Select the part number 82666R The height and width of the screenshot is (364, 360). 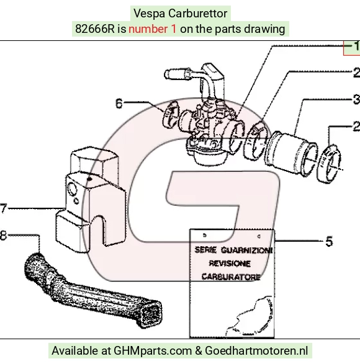[95, 29]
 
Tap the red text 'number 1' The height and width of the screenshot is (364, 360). [153, 29]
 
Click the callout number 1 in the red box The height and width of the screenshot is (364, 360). [356, 46]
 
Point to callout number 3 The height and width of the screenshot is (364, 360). [356, 99]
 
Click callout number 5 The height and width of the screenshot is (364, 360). [329, 241]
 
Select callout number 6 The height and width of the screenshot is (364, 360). [119, 104]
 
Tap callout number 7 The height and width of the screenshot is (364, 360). [4, 208]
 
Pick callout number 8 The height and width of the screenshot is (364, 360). [3, 236]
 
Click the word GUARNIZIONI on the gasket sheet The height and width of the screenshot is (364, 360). [247, 251]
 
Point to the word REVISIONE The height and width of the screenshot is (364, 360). [230, 264]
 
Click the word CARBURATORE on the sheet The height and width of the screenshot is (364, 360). [231, 277]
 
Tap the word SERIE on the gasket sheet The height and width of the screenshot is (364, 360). [205, 250]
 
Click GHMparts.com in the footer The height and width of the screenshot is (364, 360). [153, 351]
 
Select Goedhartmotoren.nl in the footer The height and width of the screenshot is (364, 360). [256, 351]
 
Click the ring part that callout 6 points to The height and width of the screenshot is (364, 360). [171, 113]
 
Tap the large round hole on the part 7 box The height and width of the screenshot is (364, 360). [72, 189]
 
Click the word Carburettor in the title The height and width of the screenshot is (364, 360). [197, 14]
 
